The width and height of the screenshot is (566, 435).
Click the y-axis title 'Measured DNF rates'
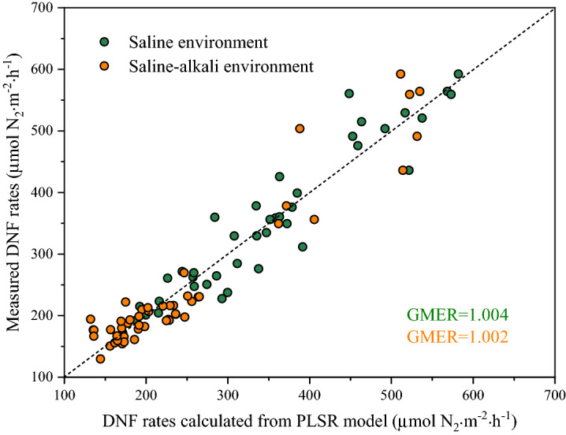16,192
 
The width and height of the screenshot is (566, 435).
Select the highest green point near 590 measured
458,74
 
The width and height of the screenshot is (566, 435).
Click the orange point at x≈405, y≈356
315,219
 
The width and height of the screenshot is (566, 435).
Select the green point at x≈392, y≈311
303,247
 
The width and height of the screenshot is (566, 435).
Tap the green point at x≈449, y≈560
349,94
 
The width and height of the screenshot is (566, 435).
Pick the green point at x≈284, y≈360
214,217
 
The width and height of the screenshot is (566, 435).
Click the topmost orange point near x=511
400,74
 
